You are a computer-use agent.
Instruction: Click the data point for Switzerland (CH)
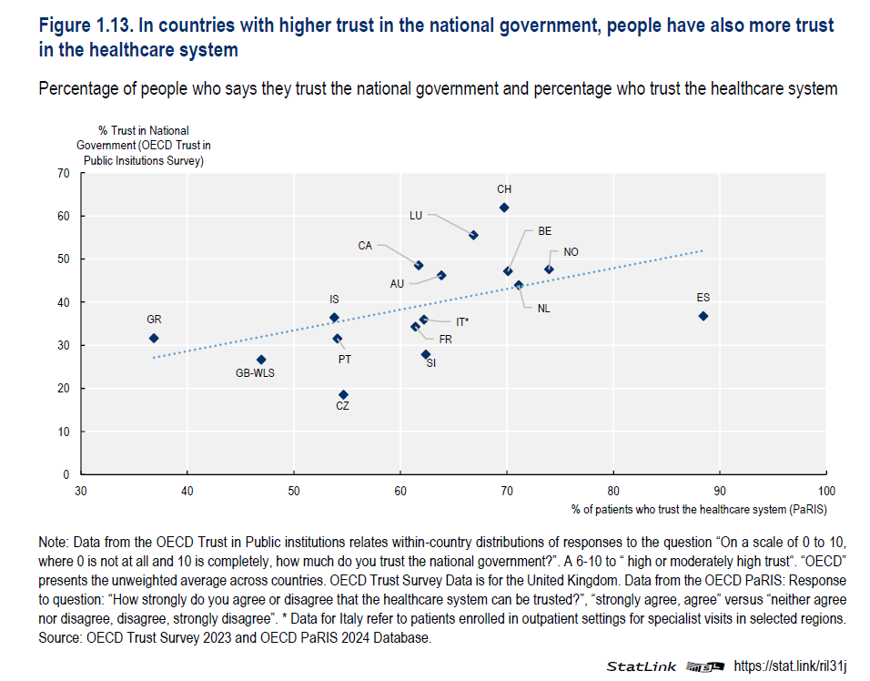[x=504, y=208]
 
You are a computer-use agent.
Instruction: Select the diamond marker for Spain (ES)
[x=703, y=316]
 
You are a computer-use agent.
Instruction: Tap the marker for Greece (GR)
[x=154, y=338]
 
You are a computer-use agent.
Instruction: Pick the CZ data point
[x=343, y=395]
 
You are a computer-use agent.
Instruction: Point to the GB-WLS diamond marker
[x=261, y=360]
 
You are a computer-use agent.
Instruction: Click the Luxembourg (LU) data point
[x=473, y=235]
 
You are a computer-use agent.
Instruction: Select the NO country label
[x=571, y=252]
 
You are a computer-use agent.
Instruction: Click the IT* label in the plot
[x=462, y=321]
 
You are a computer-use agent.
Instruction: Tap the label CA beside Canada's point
[x=365, y=246]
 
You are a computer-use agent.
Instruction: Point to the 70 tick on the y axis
[x=64, y=173]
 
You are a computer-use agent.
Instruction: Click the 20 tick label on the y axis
[x=64, y=389]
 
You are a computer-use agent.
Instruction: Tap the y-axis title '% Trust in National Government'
[x=143, y=146]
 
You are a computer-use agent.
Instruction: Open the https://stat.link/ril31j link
[x=790, y=666]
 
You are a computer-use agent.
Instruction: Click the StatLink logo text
[x=642, y=666]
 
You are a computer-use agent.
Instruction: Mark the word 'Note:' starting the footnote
[x=56, y=539]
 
